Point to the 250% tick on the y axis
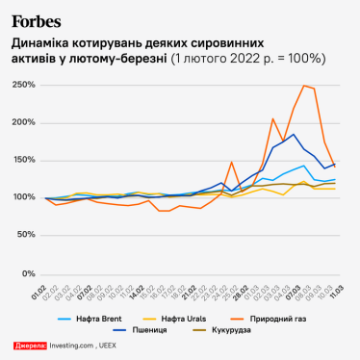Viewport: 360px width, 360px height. click(x=22, y=85)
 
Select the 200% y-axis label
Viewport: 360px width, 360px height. click(x=22, y=122)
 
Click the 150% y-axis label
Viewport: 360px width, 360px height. click(x=22, y=160)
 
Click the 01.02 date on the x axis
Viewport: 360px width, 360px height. click(x=39, y=291)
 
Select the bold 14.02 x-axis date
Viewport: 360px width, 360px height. click(x=140, y=291)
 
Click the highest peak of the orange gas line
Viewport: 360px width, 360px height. click(x=304, y=86)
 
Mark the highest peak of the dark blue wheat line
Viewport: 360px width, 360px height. click(x=294, y=135)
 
